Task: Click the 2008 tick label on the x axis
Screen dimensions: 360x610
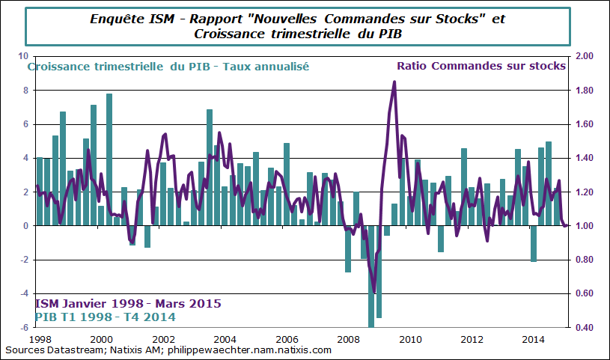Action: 347,339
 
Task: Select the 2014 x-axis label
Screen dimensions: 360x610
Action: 532,339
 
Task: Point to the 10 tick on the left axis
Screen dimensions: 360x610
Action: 22,57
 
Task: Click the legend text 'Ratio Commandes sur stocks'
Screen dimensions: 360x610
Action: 481,66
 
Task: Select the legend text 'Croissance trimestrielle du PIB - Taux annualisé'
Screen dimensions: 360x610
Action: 168,66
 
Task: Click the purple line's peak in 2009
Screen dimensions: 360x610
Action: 394,82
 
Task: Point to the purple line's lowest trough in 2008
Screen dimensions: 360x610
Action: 374,292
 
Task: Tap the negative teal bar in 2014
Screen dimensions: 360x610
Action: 534,243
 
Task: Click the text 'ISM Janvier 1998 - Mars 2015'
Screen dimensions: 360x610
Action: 127,305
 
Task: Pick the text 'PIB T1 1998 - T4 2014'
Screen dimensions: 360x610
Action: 105,317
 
